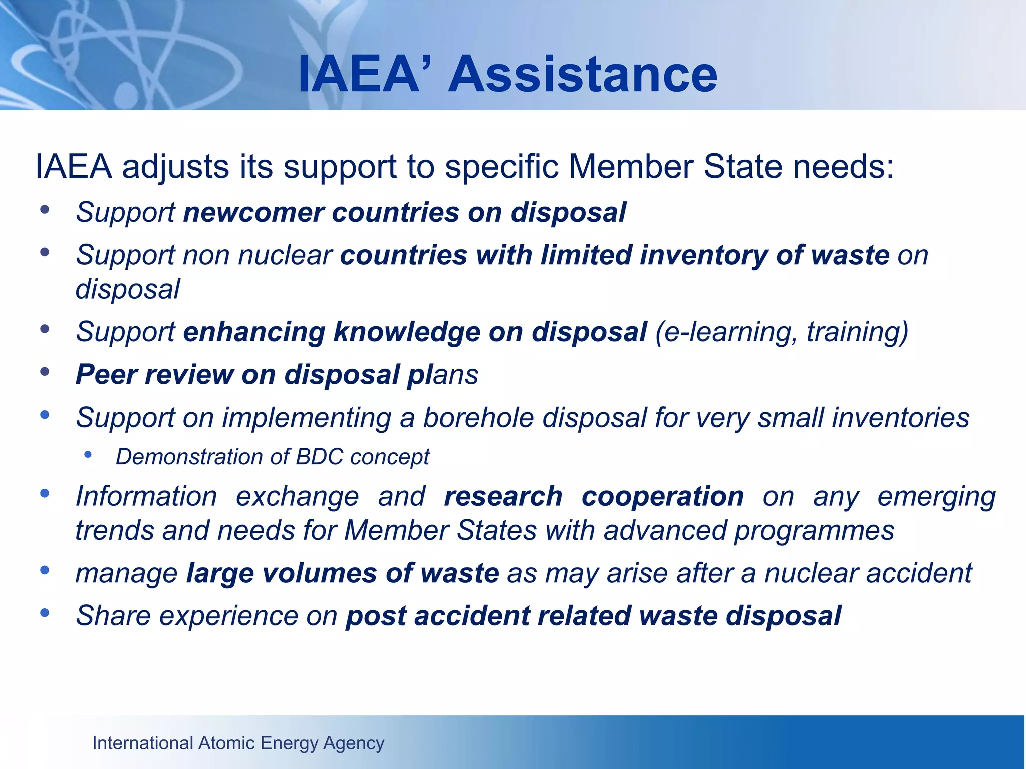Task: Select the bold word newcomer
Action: [253, 212]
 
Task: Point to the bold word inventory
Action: [703, 255]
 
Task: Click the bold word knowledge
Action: [407, 332]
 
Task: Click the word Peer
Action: [106, 375]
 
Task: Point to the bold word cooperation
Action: [662, 497]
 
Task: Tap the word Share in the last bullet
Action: [113, 616]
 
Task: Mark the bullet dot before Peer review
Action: [45, 371]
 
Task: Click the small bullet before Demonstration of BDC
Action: [88, 454]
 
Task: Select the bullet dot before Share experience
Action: [45, 612]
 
